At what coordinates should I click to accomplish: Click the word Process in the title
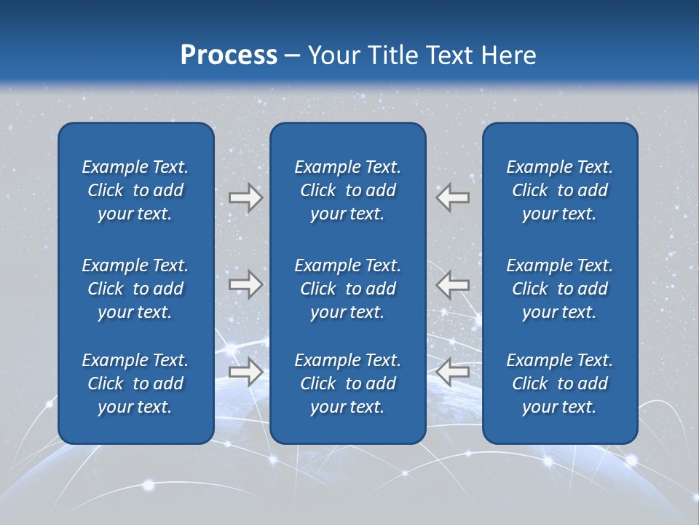[x=229, y=55]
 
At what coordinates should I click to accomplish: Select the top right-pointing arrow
[x=245, y=198]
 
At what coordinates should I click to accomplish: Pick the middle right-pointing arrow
[x=245, y=284]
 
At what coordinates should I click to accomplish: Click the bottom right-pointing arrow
[x=245, y=372]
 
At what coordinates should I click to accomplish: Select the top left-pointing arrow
[x=453, y=198]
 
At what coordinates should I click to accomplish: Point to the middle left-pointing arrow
[x=453, y=284]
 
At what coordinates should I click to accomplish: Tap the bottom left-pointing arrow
[x=453, y=372]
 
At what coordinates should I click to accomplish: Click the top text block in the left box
[x=135, y=190]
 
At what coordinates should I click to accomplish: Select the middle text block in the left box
[x=135, y=289]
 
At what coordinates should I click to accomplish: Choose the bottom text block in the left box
[x=135, y=384]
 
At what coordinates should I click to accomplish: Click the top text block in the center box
[x=348, y=190]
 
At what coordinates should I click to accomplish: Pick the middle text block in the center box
[x=348, y=289]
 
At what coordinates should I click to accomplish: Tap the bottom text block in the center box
[x=348, y=384]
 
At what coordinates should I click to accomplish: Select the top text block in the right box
[x=560, y=190]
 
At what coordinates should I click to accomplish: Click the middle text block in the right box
[x=560, y=289]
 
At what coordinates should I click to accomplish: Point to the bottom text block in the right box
[x=560, y=384]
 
